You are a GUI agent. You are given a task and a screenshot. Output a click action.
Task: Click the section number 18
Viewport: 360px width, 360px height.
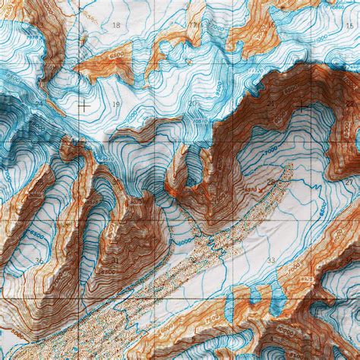(x=115, y=26)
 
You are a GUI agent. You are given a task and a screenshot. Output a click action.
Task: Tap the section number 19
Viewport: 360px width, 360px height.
(x=115, y=103)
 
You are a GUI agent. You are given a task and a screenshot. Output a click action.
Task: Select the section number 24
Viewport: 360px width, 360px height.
(x=38, y=103)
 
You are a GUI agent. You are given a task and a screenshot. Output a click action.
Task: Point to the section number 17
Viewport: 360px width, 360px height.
(x=193, y=25)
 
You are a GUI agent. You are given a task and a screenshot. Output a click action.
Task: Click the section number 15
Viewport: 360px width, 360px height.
(x=272, y=25)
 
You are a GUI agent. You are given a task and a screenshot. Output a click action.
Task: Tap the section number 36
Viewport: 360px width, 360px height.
(x=38, y=260)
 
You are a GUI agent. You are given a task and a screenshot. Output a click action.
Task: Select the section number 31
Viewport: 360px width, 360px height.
(x=115, y=260)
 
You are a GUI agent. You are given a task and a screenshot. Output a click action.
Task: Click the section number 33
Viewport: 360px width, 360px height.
(x=271, y=260)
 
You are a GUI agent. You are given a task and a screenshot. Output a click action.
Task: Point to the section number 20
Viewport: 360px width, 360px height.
(x=193, y=103)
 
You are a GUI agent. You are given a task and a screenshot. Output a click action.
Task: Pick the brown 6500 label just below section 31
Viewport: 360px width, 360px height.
(x=106, y=270)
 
